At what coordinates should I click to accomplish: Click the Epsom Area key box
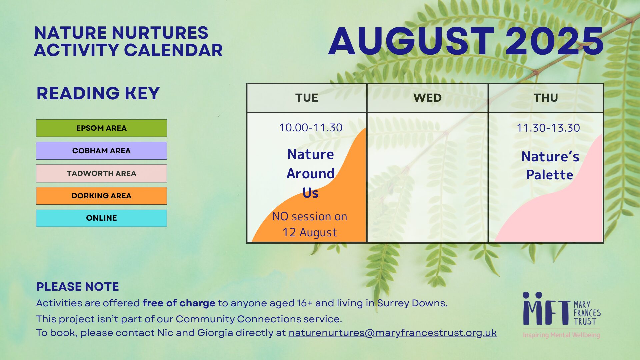[101, 128]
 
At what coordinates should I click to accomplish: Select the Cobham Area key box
[101, 151]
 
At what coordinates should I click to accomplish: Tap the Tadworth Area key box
[101, 173]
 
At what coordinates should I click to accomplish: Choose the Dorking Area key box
[101, 196]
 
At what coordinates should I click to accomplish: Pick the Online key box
[101, 218]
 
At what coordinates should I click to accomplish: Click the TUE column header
[307, 98]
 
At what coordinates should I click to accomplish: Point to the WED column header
[427, 98]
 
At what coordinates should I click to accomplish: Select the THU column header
[546, 98]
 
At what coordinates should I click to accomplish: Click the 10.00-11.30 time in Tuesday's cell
[311, 128]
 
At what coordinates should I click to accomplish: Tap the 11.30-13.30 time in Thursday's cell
[548, 128]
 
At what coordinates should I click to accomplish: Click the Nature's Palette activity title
[550, 165]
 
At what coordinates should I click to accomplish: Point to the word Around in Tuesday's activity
[311, 174]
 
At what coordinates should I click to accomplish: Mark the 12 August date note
[310, 232]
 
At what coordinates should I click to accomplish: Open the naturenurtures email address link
[393, 333]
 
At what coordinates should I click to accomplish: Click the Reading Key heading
[98, 93]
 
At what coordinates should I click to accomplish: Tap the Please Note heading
[78, 287]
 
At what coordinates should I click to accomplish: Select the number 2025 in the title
[554, 41]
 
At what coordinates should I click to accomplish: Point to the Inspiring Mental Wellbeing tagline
[561, 335]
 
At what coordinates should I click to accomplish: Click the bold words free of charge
[179, 303]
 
